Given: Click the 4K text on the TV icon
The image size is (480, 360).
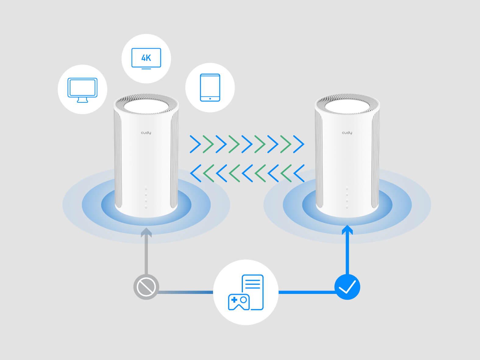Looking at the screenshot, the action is pyautogui.click(x=146, y=58).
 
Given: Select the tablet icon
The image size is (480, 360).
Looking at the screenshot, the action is pyautogui.click(x=210, y=88).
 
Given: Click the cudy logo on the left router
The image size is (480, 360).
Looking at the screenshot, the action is pyautogui.click(x=146, y=132).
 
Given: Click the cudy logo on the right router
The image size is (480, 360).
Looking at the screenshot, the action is pyautogui.click(x=347, y=132).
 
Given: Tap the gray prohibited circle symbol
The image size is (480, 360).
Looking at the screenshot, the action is pyautogui.click(x=146, y=287).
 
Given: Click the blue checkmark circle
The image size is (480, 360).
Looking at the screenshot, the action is pyautogui.click(x=347, y=287).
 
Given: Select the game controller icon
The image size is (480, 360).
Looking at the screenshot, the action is pyautogui.click(x=239, y=302).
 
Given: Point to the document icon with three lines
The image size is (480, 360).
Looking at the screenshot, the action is pyautogui.click(x=253, y=292).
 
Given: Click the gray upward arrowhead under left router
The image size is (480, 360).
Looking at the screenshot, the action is pyautogui.click(x=146, y=232).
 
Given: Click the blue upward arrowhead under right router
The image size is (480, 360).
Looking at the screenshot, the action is pyautogui.click(x=347, y=230).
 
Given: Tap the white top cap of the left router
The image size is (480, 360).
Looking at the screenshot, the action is pyautogui.click(x=146, y=107).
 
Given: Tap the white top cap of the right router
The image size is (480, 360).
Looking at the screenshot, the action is pyautogui.click(x=347, y=107).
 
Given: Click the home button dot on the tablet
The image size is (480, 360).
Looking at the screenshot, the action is pyautogui.click(x=210, y=99).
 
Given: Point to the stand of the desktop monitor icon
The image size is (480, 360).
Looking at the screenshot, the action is pyautogui.click(x=83, y=100).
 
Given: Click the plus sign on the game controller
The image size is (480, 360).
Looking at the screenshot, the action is pyautogui.click(x=234, y=300).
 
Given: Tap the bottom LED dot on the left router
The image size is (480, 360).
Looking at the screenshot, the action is pyautogui.click(x=146, y=207).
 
